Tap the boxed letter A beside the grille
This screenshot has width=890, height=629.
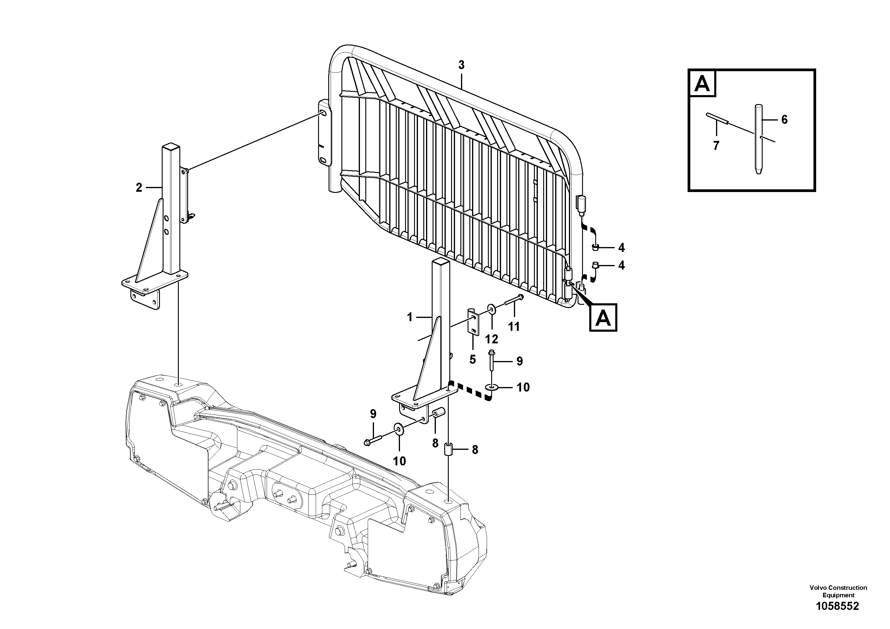603,318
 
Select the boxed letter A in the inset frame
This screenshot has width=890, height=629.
702,83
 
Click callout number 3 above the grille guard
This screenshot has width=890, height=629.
461,65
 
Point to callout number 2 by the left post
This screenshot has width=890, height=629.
139,188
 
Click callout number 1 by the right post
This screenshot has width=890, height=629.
410,317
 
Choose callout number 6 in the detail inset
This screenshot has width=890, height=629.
784,120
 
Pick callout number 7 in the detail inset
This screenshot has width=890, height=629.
716,146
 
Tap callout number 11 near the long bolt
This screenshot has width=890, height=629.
514,327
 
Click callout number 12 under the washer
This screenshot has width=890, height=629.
491,339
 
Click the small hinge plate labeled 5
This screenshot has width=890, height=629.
473,322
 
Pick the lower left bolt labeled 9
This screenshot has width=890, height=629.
373,440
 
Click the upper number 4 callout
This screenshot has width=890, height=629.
621,247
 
